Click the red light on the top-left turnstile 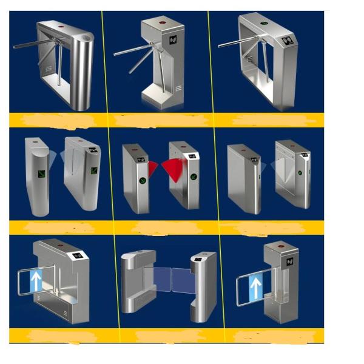pyautogui.click(x=61, y=28)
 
